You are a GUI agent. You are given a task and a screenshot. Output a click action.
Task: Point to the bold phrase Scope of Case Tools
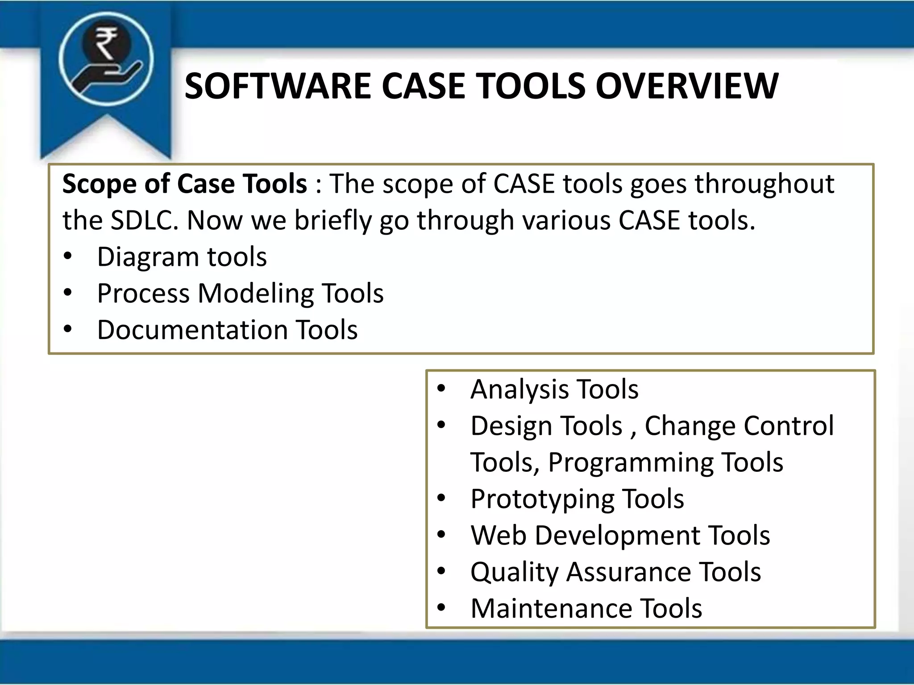click(184, 184)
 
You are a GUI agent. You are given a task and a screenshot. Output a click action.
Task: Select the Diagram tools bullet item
click(182, 257)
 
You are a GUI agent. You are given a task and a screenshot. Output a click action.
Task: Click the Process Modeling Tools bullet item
click(240, 294)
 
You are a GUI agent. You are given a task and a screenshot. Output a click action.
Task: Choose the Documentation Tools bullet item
click(227, 330)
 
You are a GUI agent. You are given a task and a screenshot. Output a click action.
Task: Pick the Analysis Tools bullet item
click(554, 389)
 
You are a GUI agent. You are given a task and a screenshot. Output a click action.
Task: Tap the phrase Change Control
click(739, 426)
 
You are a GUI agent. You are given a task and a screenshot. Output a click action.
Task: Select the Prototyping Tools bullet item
click(577, 499)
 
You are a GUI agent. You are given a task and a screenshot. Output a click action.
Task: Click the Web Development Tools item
click(620, 536)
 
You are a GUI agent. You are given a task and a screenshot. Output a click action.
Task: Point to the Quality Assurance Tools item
click(615, 572)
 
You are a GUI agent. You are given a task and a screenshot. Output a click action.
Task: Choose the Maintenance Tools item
click(586, 609)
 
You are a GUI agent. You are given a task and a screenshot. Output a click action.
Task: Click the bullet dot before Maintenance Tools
click(441, 607)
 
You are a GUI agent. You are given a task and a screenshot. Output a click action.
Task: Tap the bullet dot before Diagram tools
click(67, 256)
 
